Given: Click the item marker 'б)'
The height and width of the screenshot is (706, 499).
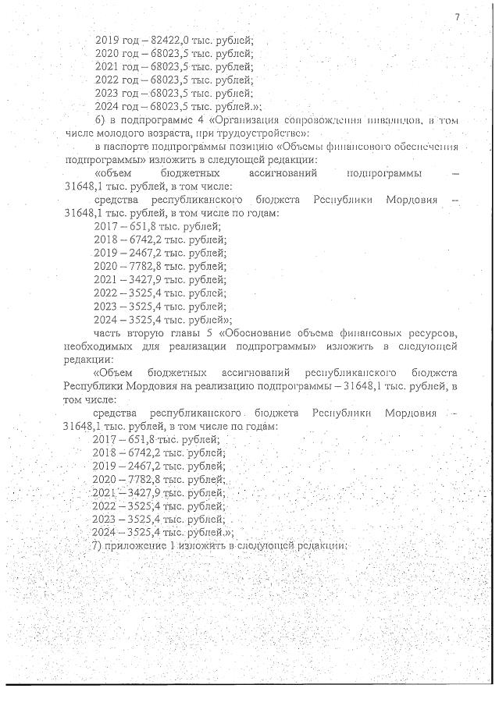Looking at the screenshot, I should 98,120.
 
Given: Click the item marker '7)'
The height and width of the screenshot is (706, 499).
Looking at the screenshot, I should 98,545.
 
